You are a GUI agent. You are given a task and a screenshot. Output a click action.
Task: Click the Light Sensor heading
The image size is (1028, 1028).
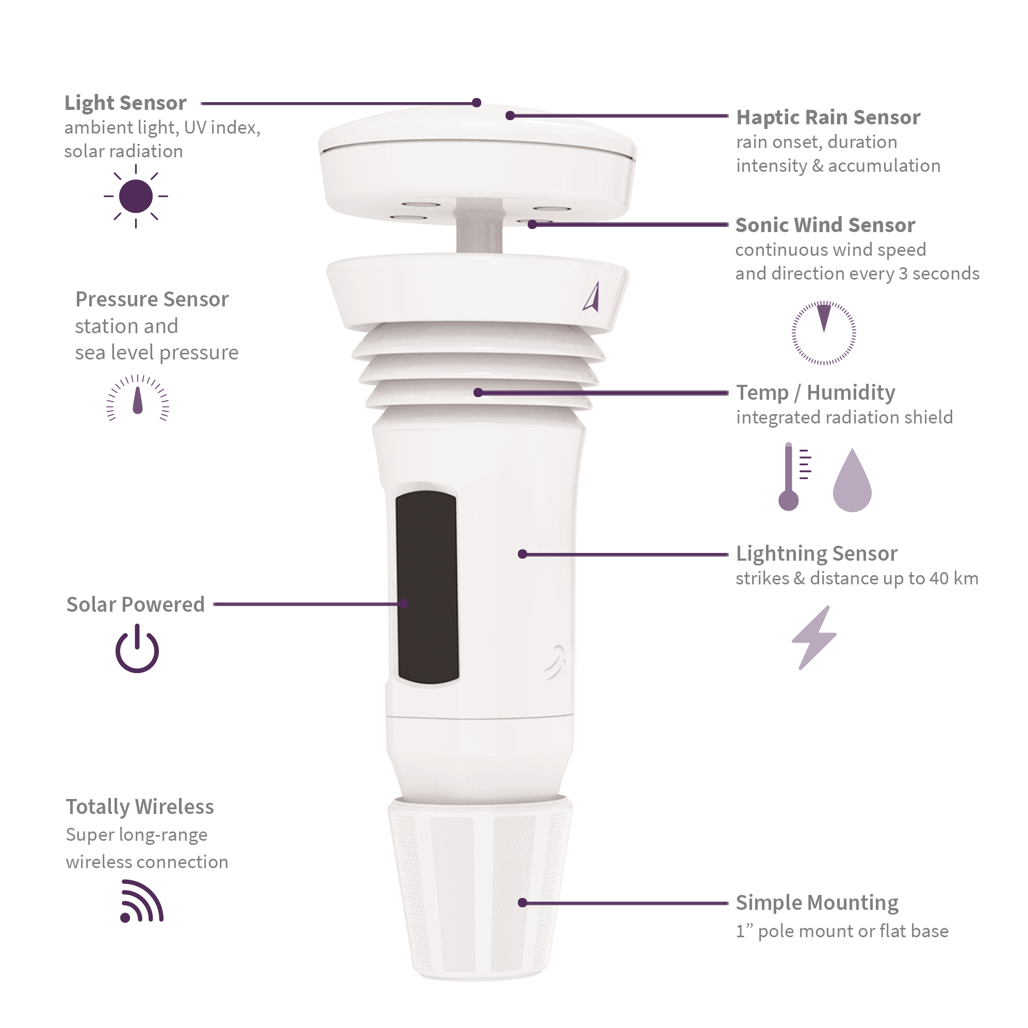[125, 103]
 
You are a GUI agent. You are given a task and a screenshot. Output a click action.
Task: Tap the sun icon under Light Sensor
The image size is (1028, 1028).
[136, 197]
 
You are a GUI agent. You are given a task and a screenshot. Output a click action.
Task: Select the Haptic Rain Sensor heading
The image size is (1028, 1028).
[828, 117]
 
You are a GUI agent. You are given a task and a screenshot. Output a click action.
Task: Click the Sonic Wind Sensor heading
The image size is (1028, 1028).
[825, 225]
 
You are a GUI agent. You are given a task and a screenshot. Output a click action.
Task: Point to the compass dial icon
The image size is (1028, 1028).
[824, 333]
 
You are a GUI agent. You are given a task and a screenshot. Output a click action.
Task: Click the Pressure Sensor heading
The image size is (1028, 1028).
[152, 299]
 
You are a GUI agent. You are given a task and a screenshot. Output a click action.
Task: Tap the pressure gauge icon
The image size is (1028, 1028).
[138, 399]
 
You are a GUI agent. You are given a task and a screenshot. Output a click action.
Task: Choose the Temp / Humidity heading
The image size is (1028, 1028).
[815, 393]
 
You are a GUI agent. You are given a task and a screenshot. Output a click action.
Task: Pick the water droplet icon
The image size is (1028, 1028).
[852, 482]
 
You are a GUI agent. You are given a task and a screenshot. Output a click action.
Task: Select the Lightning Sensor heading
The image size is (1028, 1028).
[816, 553]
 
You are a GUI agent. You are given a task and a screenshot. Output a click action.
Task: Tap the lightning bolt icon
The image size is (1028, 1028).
[813, 638]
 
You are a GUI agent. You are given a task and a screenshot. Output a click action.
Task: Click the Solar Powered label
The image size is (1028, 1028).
[135, 605]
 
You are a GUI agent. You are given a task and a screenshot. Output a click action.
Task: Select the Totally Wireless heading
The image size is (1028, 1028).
[139, 807]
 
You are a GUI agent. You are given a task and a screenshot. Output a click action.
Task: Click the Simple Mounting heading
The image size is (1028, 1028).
[817, 903]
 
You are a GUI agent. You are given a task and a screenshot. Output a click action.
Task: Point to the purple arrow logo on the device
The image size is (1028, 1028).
[592, 297]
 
